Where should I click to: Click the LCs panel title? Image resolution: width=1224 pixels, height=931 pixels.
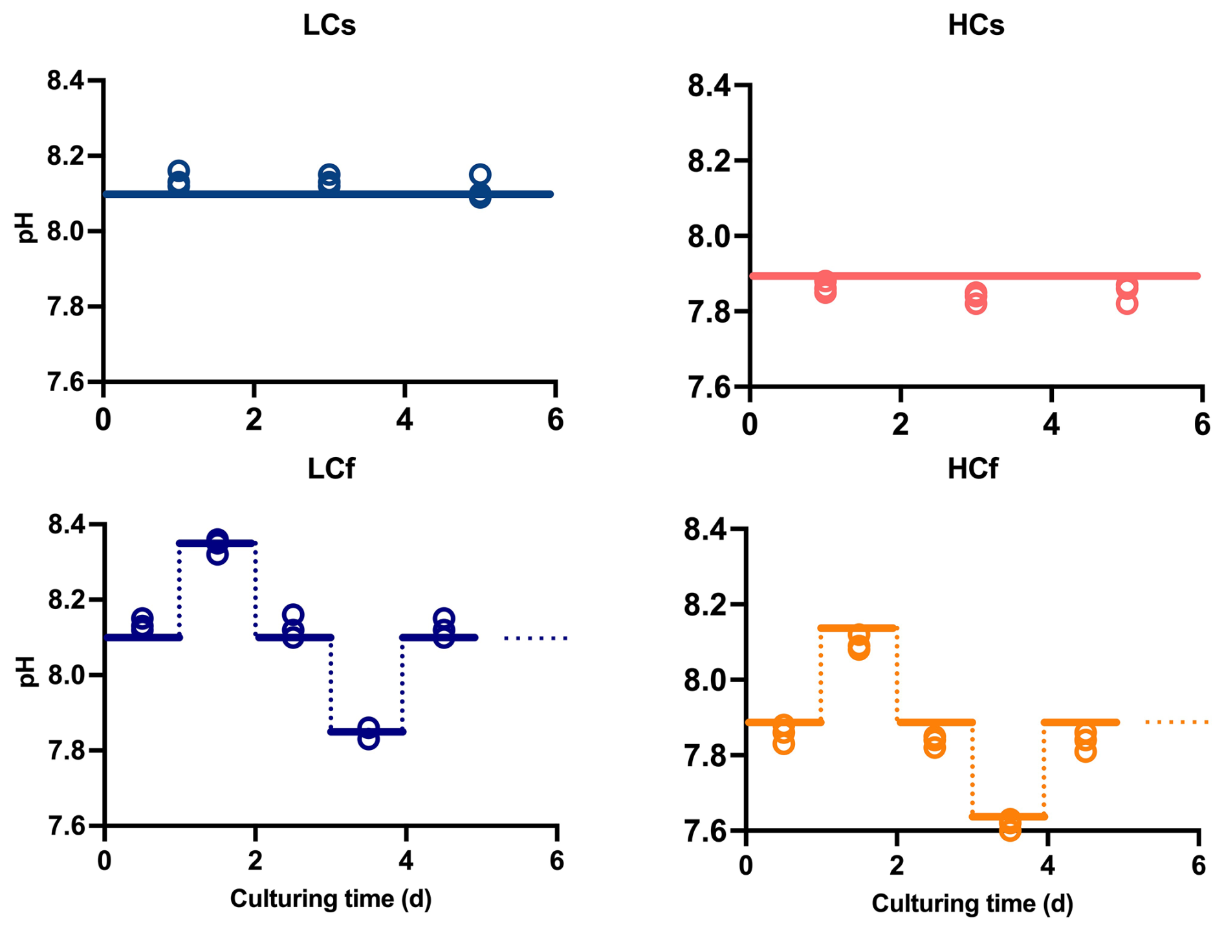(329, 25)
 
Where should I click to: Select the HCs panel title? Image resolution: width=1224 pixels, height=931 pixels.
(976, 25)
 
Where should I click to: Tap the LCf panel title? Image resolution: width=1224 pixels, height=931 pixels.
(331, 469)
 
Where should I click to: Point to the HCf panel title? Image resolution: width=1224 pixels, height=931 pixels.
(972, 469)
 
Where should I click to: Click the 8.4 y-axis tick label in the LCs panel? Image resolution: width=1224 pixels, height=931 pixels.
(66, 81)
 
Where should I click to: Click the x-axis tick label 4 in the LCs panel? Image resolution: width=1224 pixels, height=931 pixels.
(404, 421)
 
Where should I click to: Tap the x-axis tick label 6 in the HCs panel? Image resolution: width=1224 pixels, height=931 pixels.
(1201, 425)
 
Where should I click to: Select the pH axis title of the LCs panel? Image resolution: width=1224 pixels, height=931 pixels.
(25, 228)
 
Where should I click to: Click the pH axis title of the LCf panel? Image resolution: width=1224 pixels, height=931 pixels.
(27, 671)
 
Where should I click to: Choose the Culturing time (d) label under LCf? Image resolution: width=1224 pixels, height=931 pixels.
(331, 899)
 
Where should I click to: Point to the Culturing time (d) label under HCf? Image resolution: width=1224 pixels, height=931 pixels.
(972, 903)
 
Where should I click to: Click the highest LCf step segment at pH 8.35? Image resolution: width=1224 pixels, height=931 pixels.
(217, 543)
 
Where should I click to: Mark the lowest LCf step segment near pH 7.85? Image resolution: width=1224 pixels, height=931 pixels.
(367, 732)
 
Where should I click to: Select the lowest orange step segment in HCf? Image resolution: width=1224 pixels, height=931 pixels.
(1009, 817)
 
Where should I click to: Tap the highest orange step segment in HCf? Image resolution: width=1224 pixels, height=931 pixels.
(858, 628)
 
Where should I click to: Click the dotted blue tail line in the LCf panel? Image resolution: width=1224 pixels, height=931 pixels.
(536, 638)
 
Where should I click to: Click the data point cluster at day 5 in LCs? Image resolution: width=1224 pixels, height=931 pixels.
(479, 186)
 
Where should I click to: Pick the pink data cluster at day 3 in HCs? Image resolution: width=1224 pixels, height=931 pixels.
(976, 298)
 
